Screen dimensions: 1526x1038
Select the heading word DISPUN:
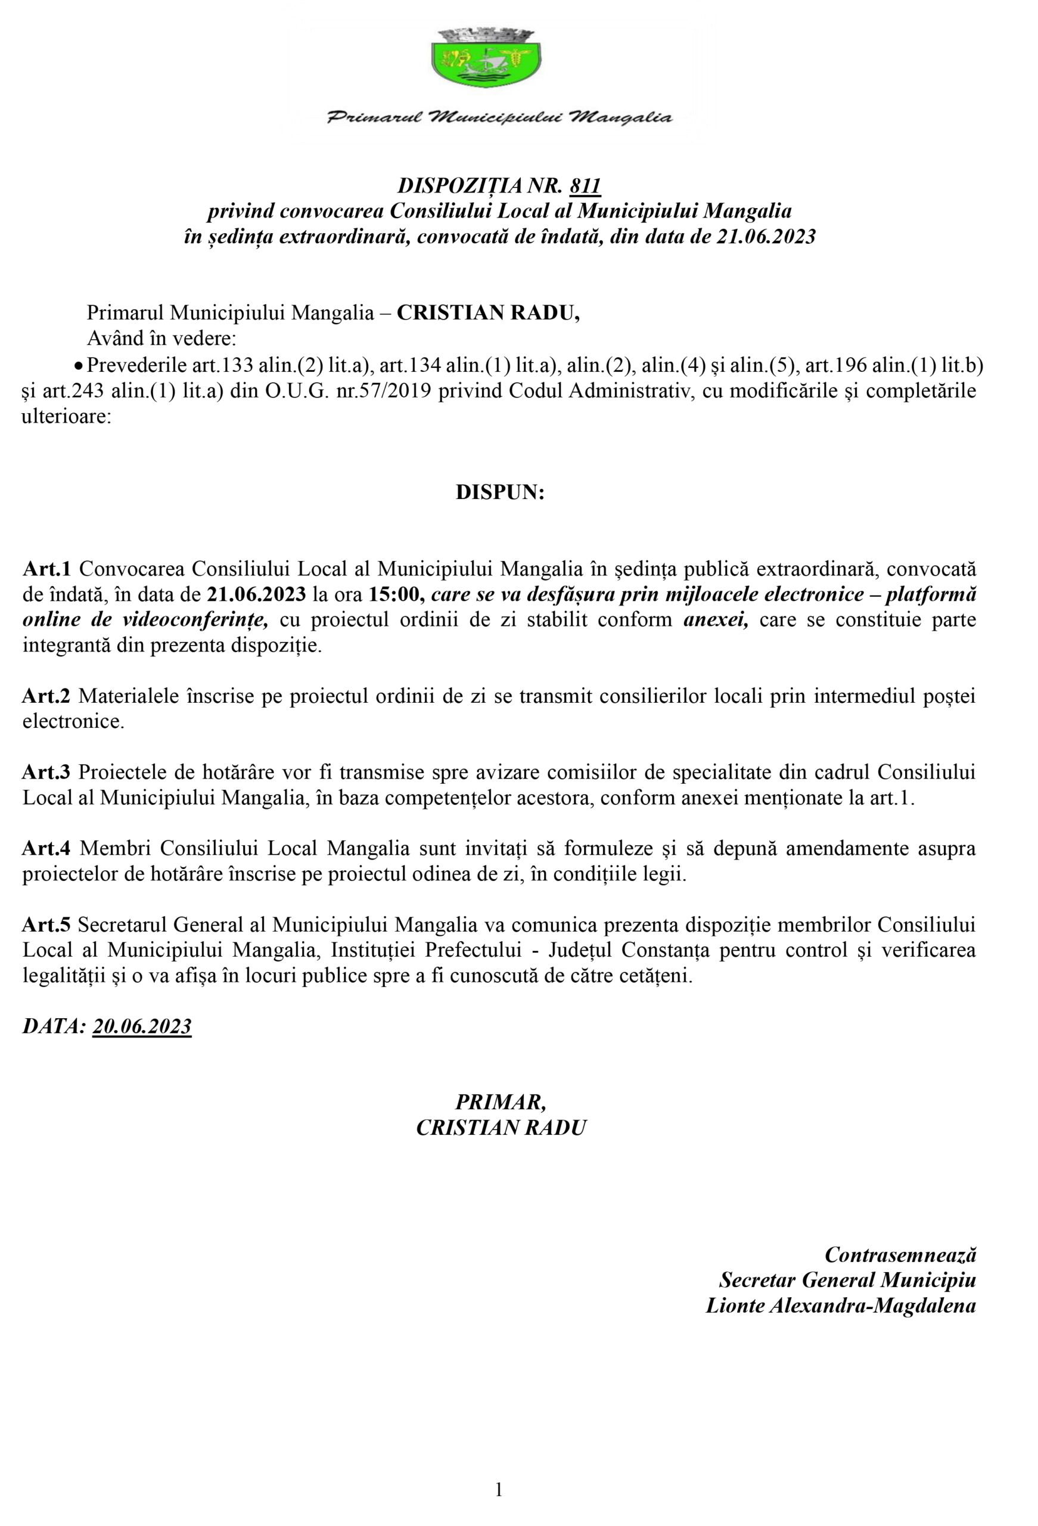(501, 493)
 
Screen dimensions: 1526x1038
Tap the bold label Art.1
(51, 569)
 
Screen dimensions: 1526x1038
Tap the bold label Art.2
(51, 696)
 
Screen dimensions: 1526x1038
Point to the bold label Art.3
(51, 772)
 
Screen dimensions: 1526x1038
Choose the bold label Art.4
(51, 848)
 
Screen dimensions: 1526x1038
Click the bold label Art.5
(51, 925)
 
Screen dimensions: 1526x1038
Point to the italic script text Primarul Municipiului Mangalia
(499, 118)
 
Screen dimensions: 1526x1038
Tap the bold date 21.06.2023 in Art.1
(257, 594)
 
